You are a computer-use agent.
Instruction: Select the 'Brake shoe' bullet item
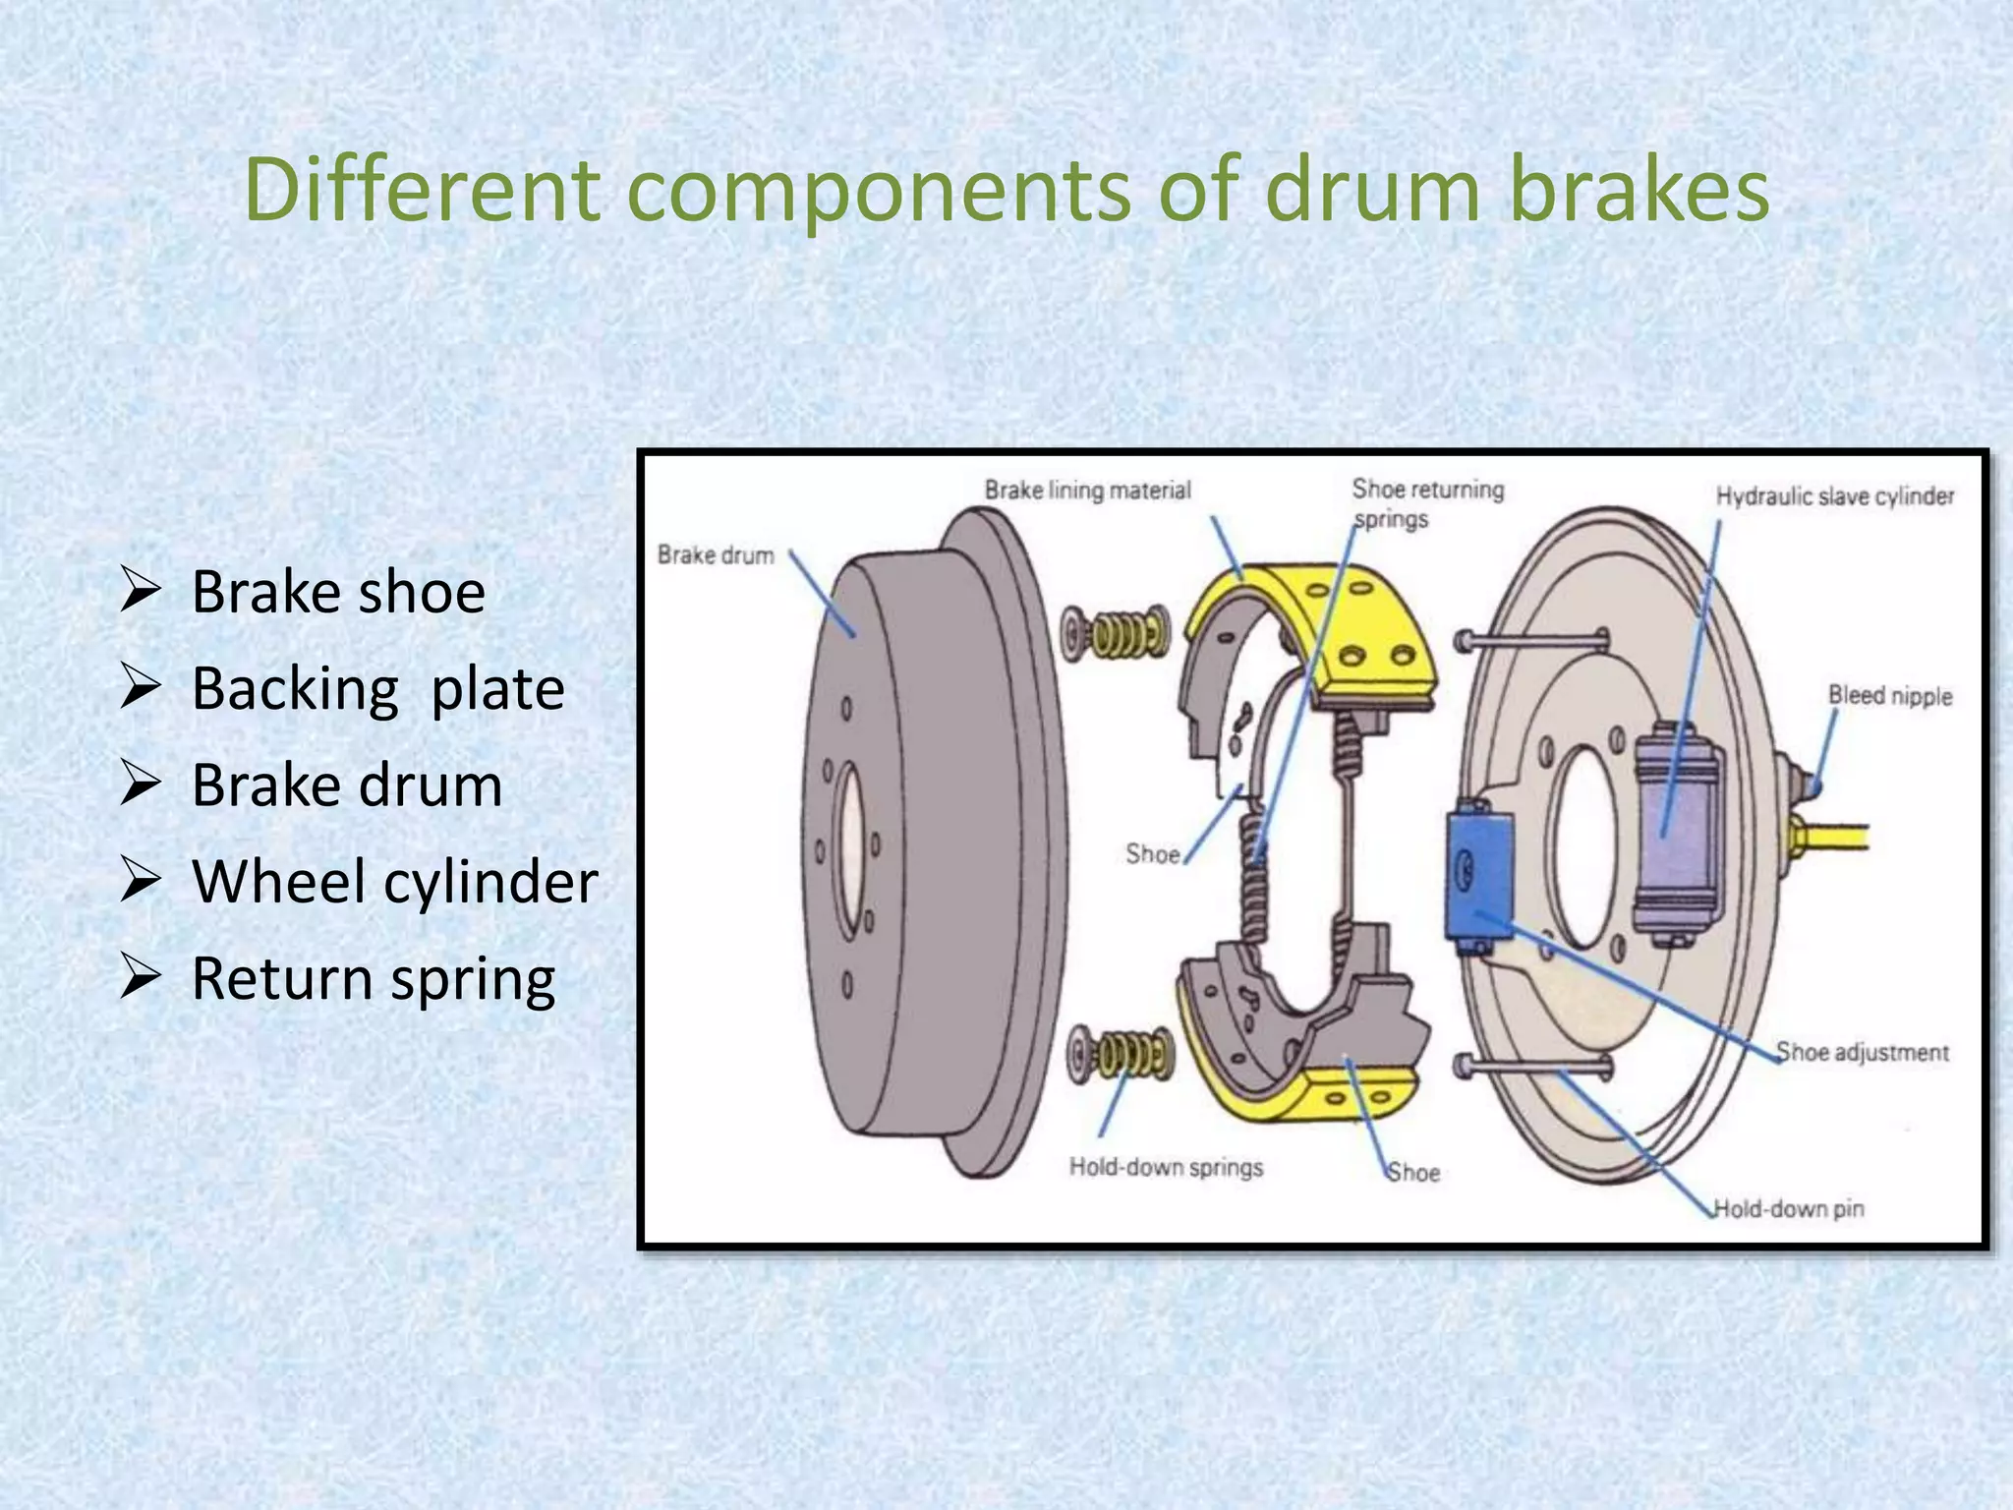[x=337, y=592]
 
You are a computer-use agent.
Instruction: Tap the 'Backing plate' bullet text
[x=377, y=688]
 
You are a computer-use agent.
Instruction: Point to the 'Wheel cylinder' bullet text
[x=394, y=882]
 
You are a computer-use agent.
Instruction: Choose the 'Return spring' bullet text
[x=374, y=979]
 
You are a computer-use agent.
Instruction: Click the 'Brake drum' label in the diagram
[x=716, y=555]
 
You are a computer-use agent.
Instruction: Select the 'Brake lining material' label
[x=1087, y=490]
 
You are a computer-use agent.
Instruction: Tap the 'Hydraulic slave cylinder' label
[x=1834, y=496]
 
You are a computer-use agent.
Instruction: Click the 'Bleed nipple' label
[x=1889, y=696]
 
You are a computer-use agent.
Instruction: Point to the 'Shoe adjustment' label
[x=1862, y=1053]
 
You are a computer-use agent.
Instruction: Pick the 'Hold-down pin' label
[x=1788, y=1208]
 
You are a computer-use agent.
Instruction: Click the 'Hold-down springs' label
[x=1166, y=1168]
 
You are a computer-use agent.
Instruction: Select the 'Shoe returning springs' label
[x=1426, y=502]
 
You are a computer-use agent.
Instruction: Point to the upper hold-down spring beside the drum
[x=1116, y=633]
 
